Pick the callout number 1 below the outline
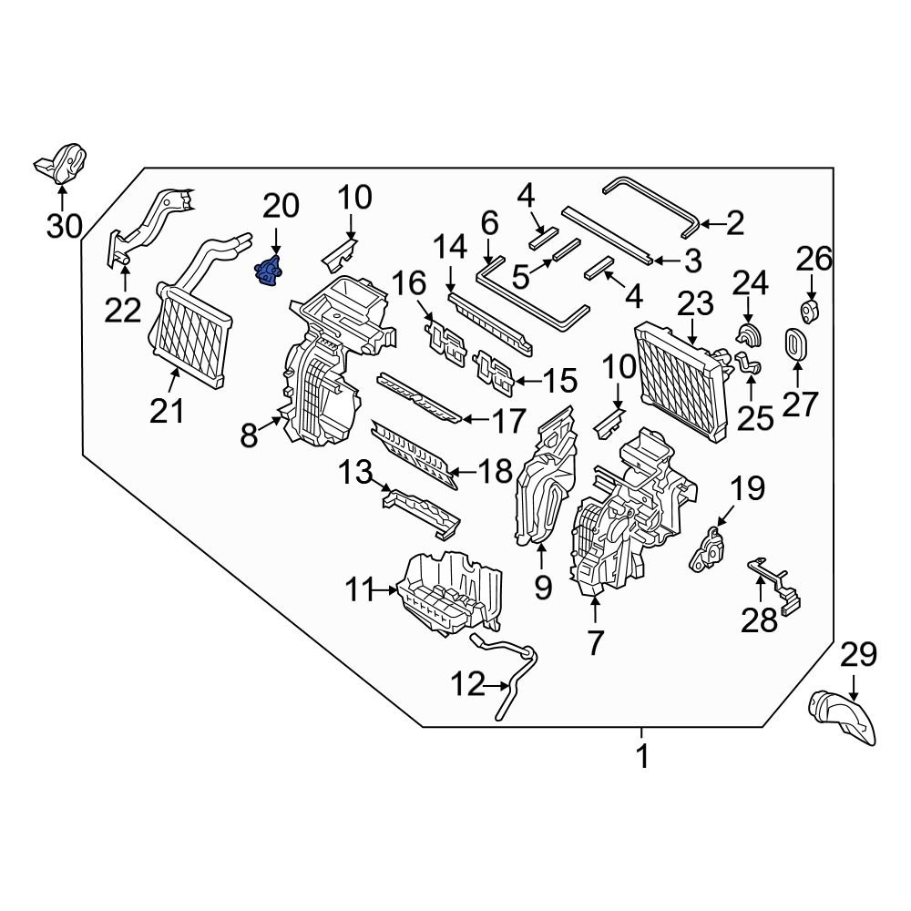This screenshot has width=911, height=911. point(642,756)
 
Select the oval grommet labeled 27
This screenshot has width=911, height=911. point(796,345)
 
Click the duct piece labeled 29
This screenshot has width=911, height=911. point(844,715)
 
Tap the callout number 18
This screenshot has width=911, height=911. point(496,472)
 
